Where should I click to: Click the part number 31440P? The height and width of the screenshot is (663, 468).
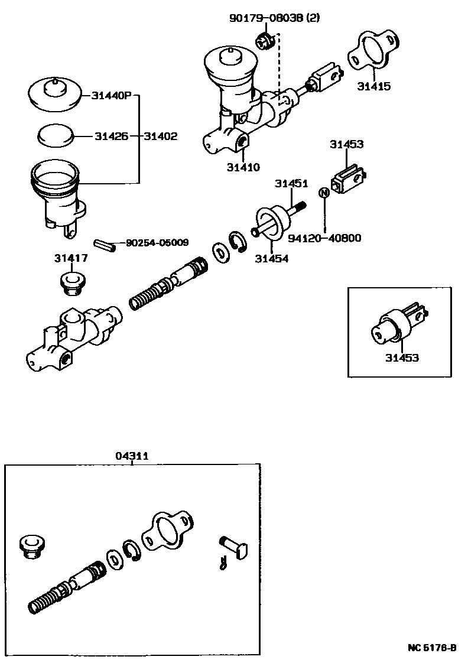click(110, 96)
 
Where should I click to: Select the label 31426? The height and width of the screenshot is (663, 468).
click(109, 136)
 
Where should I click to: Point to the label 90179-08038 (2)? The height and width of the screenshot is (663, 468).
click(274, 18)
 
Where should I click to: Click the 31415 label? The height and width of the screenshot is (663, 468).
click(373, 86)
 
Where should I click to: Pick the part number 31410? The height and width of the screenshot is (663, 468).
click(243, 167)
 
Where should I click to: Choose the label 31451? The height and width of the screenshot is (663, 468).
click(291, 184)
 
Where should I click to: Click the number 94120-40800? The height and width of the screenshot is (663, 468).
click(324, 238)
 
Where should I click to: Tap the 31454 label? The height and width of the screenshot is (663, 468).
click(272, 258)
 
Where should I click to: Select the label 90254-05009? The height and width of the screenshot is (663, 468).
click(156, 242)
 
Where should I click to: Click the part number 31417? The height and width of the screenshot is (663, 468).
click(71, 258)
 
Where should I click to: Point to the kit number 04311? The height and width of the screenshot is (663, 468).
click(132, 456)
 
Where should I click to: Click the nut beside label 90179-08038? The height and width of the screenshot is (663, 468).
click(264, 41)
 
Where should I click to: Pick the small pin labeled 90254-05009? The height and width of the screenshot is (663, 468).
click(105, 244)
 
